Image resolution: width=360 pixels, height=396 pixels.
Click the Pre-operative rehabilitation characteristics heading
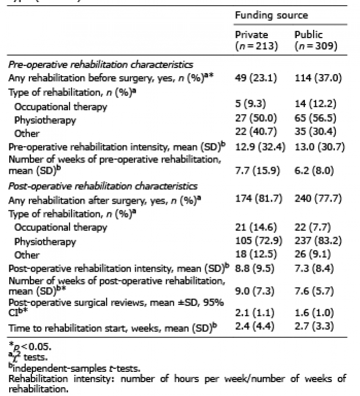pyautogui.click(x=100, y=65)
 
